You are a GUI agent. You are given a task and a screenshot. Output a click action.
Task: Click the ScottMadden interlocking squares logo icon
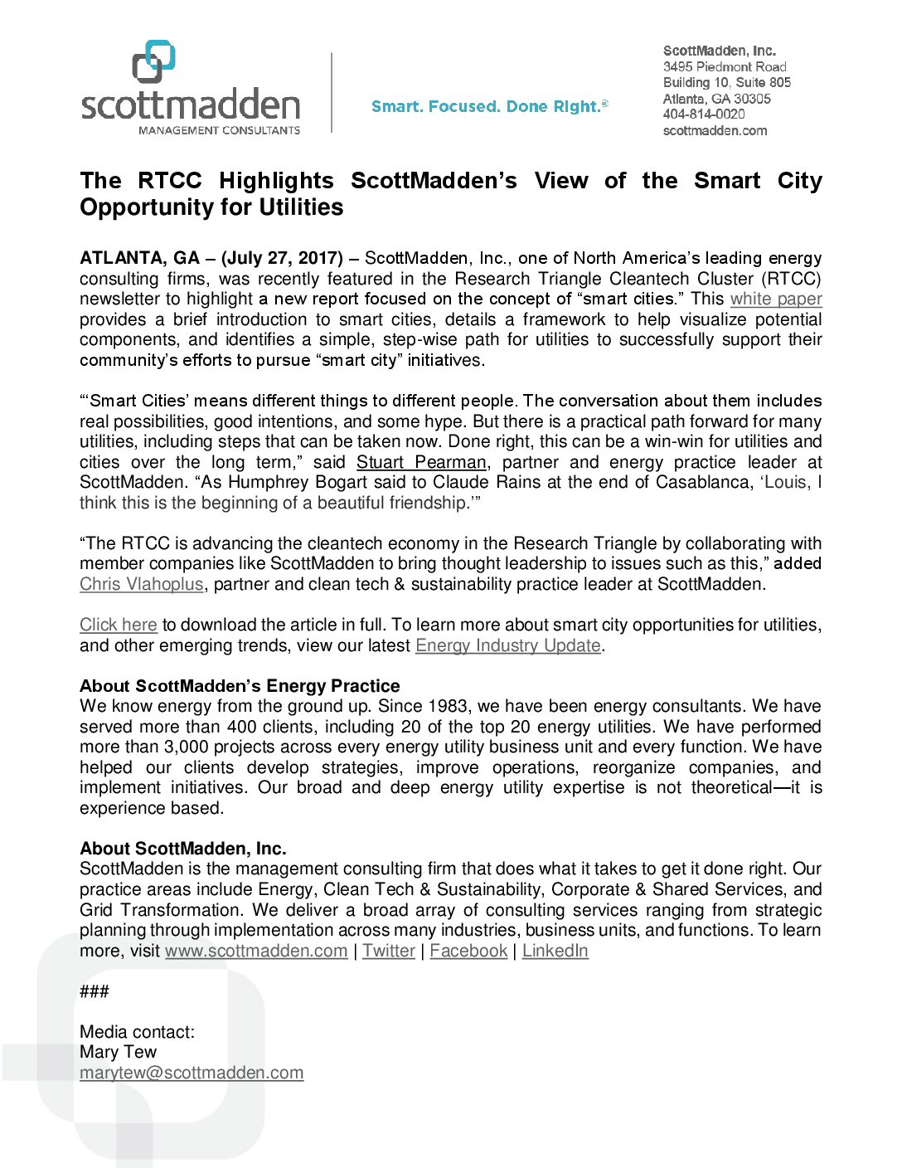[154, 61]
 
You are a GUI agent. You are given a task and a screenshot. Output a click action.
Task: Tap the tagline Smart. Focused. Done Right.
[489, 106]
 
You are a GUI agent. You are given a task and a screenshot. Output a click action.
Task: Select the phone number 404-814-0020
[704, 114]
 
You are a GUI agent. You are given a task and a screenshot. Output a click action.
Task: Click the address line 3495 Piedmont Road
[725, 66]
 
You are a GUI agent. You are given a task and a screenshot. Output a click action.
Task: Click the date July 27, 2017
[282, 258]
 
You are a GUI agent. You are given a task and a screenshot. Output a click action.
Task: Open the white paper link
[776, 299]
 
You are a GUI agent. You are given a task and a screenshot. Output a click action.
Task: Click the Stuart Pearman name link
[421, 462]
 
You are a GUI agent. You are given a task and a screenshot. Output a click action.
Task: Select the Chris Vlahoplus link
[141, 584]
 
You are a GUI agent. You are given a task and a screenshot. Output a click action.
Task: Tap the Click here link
[118, 625]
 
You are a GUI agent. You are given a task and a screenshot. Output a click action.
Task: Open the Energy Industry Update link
[507, 645]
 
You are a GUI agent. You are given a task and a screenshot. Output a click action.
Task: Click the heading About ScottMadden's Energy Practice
[240, 686]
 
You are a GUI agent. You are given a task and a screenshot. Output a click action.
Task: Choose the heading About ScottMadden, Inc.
[183, 849]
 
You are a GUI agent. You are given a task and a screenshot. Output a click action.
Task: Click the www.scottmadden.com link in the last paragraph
[256, 951]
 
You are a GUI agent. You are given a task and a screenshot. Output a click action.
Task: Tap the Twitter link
[388, 951]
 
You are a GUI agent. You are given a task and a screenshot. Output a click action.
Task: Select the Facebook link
[468, 951]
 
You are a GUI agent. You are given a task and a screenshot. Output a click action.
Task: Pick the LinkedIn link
[555, 951]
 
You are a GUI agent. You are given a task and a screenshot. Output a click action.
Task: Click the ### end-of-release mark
[95, 991]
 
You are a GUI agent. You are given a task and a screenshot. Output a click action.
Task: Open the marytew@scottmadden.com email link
[192, 1073]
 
